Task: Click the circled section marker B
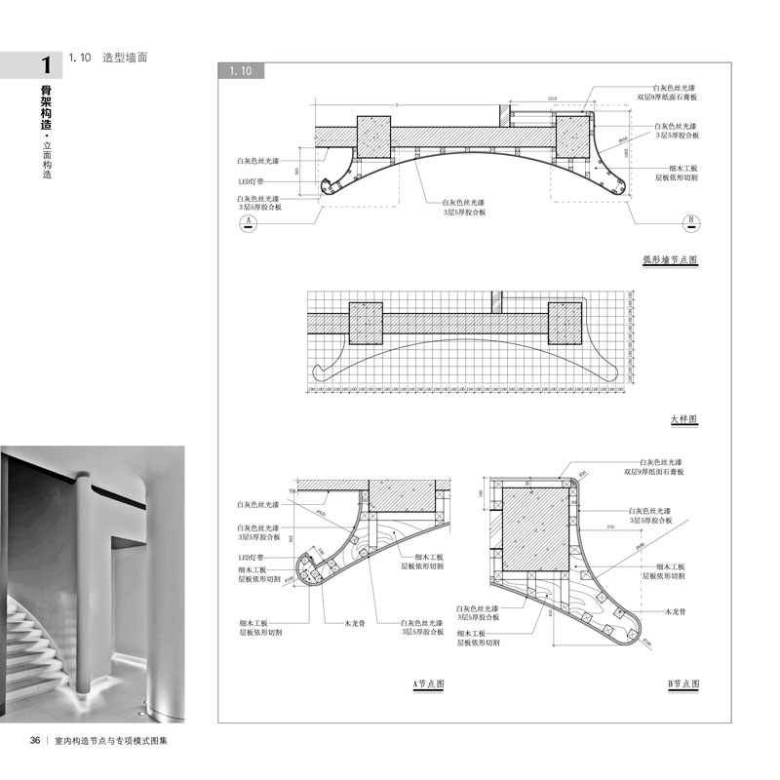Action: (x=688, y=222)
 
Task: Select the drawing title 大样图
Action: (x=684, y=419)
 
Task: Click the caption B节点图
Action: (x=683, y=684)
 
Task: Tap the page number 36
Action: (x=34, y=740)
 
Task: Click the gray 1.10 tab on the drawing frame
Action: (x=240, y=71)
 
